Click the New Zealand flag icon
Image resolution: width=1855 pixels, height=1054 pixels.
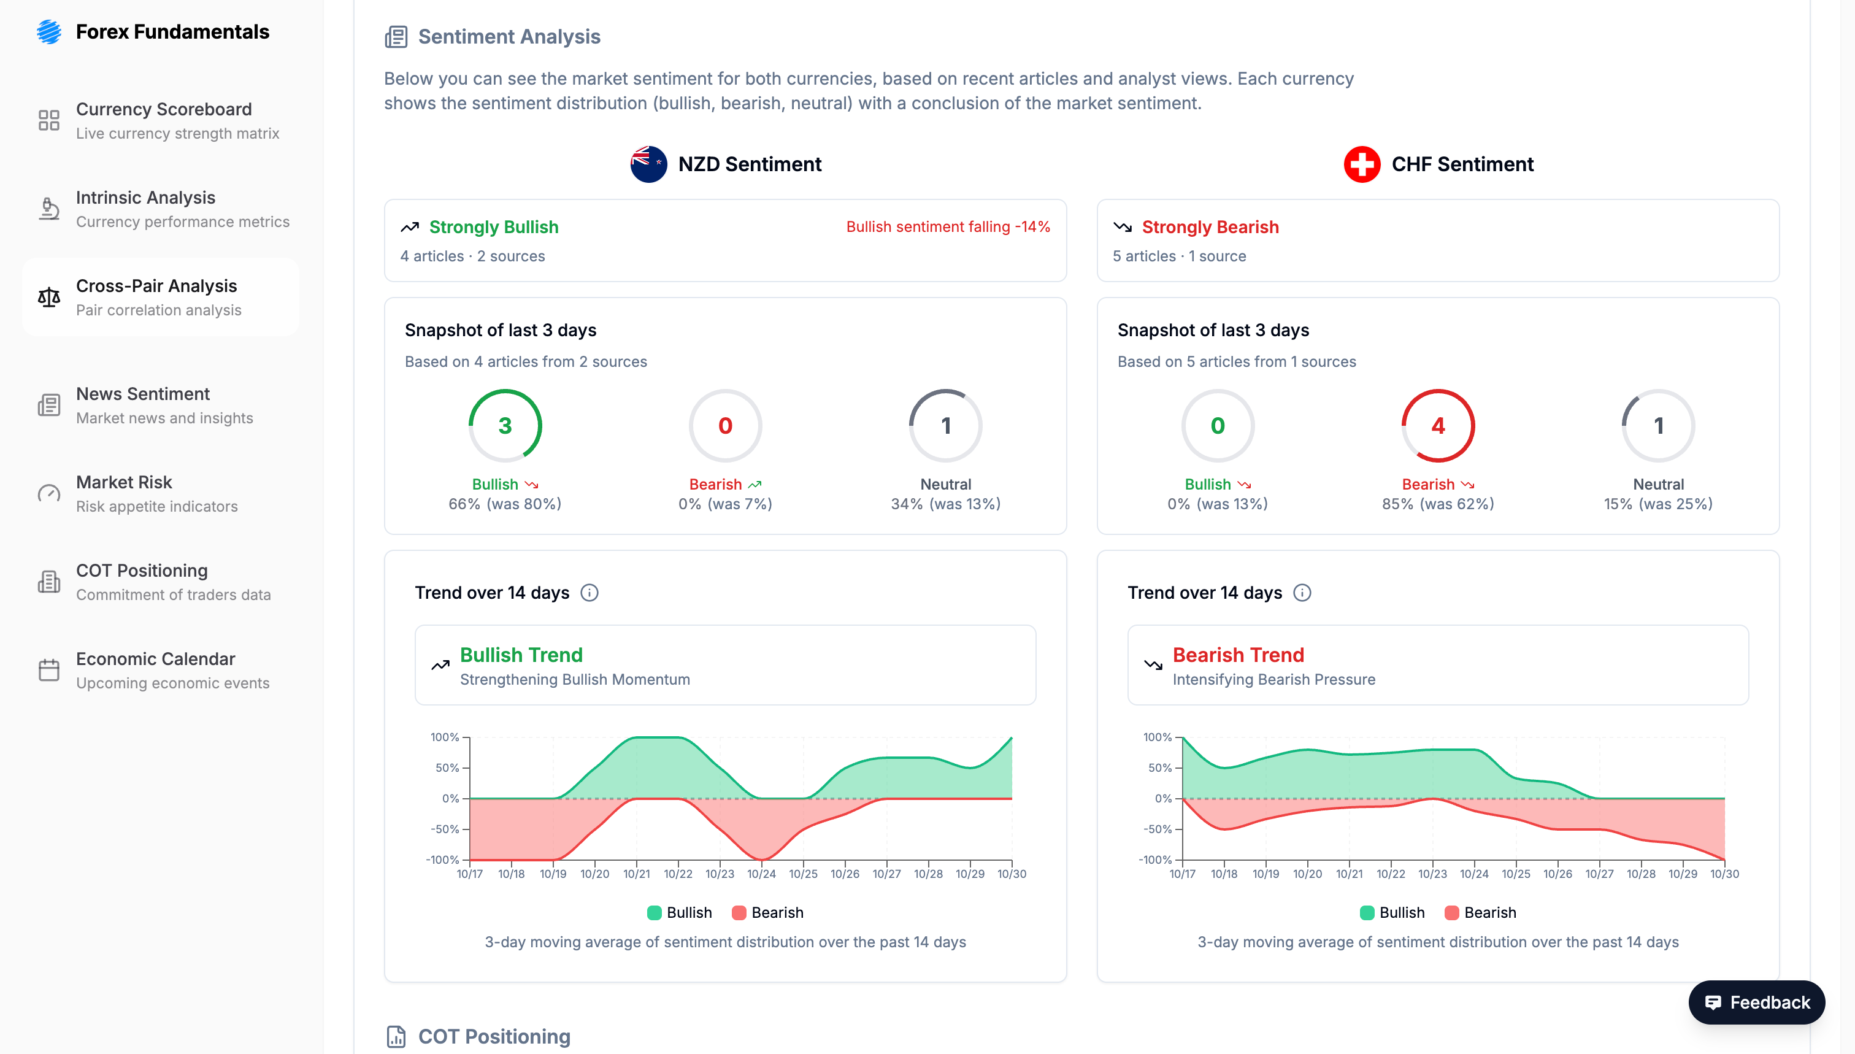click(x=648, y=164)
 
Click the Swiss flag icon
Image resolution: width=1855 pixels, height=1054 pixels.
click(x=1361, y=164)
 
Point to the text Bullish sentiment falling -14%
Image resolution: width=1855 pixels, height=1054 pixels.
click(x=947, y=226)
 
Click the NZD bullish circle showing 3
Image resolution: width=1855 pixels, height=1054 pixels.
click(x=504, y=426)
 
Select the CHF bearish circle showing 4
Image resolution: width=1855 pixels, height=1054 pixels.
click(x=1437, y=426)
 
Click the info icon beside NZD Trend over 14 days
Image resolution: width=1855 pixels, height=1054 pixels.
click(x=589, y=593)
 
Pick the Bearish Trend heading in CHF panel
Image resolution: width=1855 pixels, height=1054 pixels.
click(x=1238, y=655)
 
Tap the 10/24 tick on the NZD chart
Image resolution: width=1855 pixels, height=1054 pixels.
click(x=761, y=874)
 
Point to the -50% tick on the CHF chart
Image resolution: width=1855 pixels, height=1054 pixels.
click(x=1158, y=829)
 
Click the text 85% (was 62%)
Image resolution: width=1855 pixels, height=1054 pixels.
click(x=1437, y=504)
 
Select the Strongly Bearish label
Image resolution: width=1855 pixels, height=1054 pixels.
click(x=1210, y=226)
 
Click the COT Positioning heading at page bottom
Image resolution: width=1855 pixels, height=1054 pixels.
click(x=494, y=1036)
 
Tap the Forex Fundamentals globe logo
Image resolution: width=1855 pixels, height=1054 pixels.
click(x=48, y=32)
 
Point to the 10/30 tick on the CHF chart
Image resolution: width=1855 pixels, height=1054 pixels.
click(x=1724, y=874)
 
